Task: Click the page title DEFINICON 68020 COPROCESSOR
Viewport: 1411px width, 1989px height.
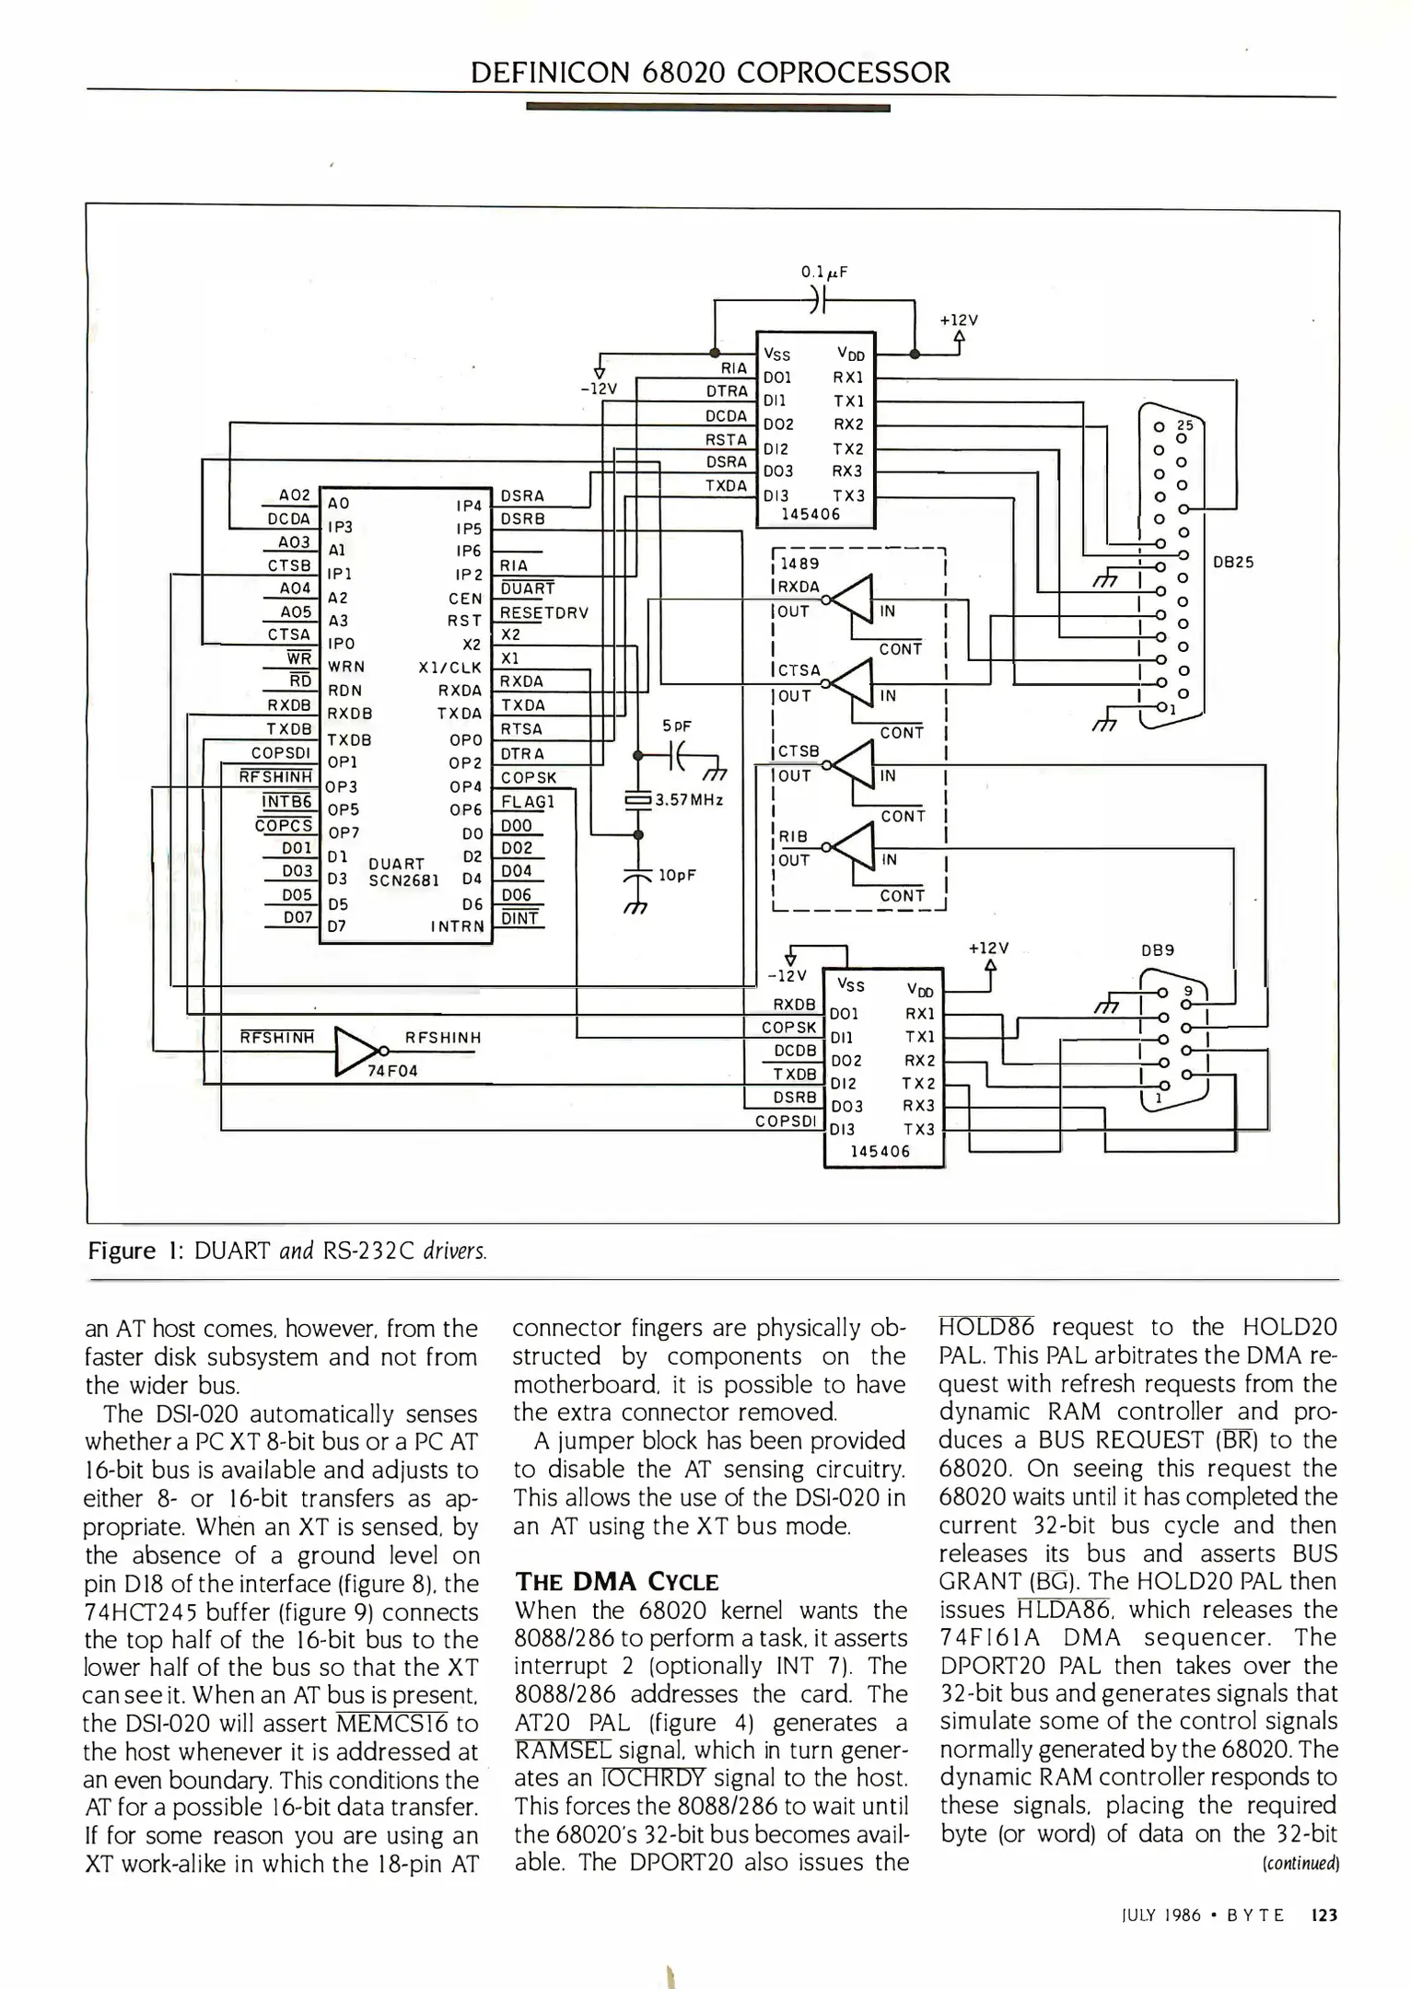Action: point(710,72)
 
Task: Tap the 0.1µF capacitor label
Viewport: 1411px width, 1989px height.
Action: point(823,272)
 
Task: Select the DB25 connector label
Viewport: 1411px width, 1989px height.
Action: point(1233,562)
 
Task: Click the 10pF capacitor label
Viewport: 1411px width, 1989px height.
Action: point(676,875)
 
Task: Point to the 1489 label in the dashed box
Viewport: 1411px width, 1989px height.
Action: point(799,564)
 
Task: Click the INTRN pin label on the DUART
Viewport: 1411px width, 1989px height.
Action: point(457,926)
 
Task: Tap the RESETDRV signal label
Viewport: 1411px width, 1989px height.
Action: point(543,612)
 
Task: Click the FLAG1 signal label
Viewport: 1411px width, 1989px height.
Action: point(527,801)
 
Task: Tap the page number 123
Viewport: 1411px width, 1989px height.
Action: point(1323,1915)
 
